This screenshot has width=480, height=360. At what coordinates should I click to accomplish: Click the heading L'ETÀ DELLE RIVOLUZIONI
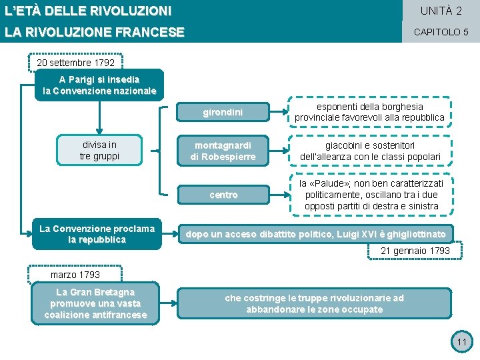pos(88,11)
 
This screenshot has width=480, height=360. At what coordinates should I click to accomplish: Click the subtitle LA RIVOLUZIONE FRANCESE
pos(94,32)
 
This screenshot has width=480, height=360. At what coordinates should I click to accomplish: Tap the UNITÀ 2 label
pos(441,11)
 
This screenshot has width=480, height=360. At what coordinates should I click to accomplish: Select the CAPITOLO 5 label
pos(441,32)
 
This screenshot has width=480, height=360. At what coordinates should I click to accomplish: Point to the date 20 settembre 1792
pos(75,63)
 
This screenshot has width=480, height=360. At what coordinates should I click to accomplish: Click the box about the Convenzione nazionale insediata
pos(99,85)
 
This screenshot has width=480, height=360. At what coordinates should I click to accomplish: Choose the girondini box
pos(223,113)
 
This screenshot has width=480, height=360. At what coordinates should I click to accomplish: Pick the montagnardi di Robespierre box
pos(223,151)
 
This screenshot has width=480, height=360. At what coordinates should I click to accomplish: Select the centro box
pos(223,195)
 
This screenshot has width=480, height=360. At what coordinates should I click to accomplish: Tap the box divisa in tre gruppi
pos(99,151)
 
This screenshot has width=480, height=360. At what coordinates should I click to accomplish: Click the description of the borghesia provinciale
pos(369,112)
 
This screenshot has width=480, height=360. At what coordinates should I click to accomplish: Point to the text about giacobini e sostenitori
pos(369,151)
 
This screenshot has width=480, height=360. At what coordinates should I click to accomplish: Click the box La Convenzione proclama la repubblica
pos(97,234)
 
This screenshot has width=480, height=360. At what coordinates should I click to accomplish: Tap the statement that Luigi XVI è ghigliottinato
pos(316,234)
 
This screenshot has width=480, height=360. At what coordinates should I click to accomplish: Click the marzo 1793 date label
pos(75,275)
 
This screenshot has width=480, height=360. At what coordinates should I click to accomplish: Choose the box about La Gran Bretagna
pos(95,303)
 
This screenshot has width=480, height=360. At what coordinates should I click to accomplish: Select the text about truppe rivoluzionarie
pos(315,303)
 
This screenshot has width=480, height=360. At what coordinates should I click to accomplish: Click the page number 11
pos(461,343)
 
